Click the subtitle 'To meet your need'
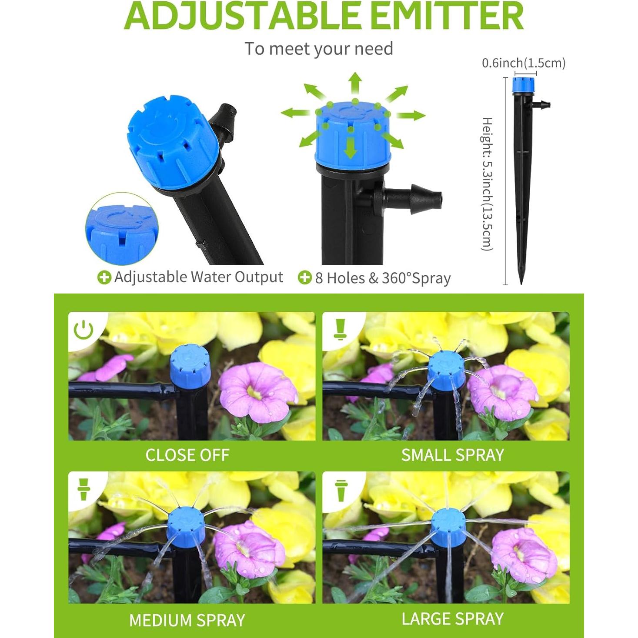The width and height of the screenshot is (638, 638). (x=318, y=49)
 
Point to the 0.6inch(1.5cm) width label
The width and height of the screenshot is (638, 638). (x=523, y=63)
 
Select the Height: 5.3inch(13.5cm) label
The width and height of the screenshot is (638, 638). (x=487, y=184)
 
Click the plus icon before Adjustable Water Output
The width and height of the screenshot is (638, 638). (x=104, y=277)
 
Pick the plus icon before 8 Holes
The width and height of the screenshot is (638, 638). (x=304, y=277)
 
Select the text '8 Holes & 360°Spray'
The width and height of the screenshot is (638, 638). (x=383, y=278)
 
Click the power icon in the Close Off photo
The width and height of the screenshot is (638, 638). (x=84, y=330)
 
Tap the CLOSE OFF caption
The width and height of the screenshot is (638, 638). (x=187, y=455)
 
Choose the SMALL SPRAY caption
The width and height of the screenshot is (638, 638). (x=452, y=455)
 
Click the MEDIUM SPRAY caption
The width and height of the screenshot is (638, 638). (x=187, y=620)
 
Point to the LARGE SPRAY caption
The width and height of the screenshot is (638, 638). (x=452, y=618)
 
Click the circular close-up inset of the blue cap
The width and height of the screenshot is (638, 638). (x=122, y=230)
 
